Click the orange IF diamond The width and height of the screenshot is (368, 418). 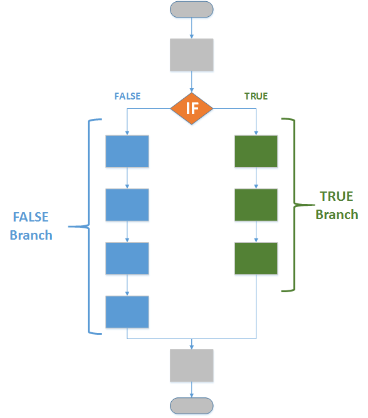click(x=192, y=108)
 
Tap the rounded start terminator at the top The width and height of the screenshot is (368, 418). click(x=192, y=9)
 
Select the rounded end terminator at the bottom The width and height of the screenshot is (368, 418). click(x=192, y=405)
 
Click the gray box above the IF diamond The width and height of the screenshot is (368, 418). click(x=192, y=54)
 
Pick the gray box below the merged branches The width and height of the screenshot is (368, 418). click(x=192, y=365)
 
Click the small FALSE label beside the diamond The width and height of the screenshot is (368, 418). click(x=127, y=96)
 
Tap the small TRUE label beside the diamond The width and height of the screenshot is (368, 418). click(x=256, y=96)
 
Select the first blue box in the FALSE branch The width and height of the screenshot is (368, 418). click(x=127, y=151)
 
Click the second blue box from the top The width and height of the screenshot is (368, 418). click(x=127, y=205)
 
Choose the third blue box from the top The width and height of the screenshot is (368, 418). click(x=127, y=258)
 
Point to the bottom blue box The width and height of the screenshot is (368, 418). click(x=127, y=312)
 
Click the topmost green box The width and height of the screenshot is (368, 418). click(x=256, y=151)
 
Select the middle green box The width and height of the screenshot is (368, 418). click(x=256, y=205)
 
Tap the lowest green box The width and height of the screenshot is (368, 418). click(x=256, y=258)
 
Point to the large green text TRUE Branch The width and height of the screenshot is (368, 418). click(x=337, y=205)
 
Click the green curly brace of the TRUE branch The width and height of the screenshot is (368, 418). click(x=290, y=205)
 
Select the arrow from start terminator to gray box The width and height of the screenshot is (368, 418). click(x=192, y=28)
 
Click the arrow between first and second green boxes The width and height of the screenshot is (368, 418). click(x=256, y=178)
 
